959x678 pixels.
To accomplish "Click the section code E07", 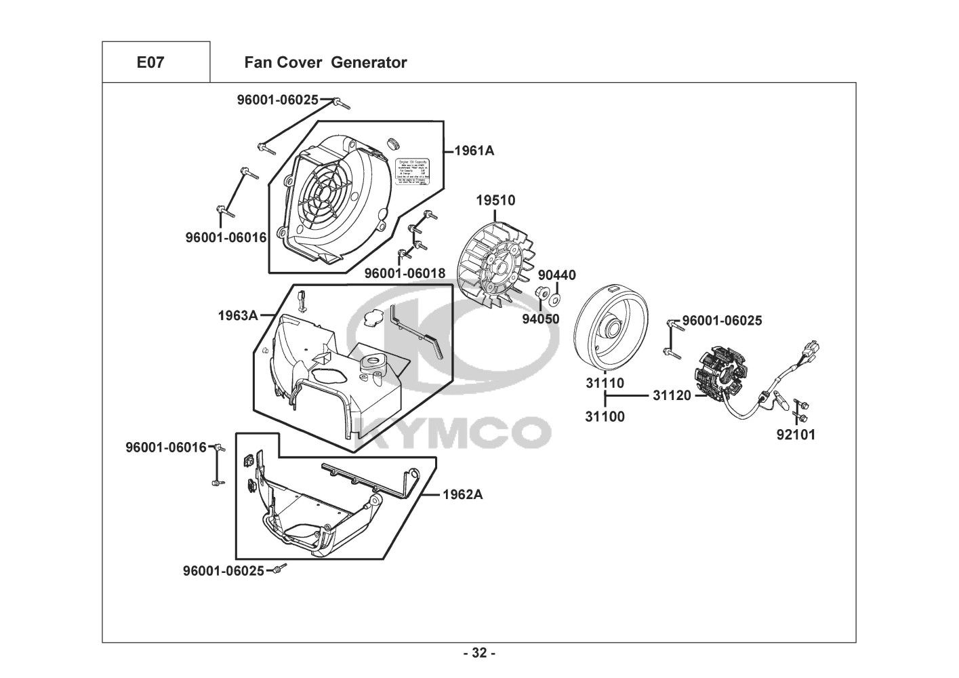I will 150,62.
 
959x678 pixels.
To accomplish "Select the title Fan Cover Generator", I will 325,62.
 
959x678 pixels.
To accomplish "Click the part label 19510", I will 495,200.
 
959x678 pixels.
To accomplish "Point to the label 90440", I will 556,275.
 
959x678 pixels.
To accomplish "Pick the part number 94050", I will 540,318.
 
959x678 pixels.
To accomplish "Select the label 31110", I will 605,383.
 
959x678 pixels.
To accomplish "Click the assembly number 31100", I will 605,417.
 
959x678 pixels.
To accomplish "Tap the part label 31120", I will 672,395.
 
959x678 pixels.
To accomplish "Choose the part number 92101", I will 796,435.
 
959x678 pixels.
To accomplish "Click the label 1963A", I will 238,315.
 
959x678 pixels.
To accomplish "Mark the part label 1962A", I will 462,494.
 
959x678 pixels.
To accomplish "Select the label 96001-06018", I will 405,273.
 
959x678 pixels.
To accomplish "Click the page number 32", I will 479,654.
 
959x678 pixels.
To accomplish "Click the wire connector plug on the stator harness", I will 810,349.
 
